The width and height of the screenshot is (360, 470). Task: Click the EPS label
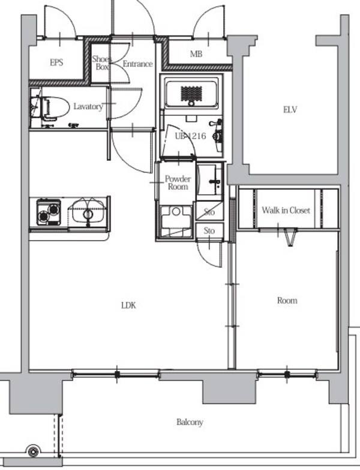tap(56, 62)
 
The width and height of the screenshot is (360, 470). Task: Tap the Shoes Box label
tap(101, 62)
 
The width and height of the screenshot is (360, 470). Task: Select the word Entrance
tap(137, 64)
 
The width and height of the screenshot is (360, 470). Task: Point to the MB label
tap(196, 54)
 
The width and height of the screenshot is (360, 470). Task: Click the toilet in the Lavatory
tap(52, 107)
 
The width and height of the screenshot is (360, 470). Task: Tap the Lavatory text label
tap(88, 106)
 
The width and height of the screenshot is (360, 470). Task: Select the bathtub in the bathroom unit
tap(191, 93)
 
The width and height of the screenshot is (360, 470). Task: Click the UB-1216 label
tap(190, 136)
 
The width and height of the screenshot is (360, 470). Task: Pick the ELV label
tap(290, 110)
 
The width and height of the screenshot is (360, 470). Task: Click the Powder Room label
tap(178, 182)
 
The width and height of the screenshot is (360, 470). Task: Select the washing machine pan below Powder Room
tap(176, 221)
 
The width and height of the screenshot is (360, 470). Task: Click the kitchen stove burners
tap(49, 212)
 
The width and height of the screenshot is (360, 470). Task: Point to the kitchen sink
tap(88, 212)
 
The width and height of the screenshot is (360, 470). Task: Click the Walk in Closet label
tap(286, 210)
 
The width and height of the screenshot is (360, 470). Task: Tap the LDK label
tap(129, 306)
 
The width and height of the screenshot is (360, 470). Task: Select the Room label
tap(287, 300)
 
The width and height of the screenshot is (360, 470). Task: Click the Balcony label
tap(190, 423)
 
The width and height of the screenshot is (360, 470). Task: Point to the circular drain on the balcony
tap(33, 451)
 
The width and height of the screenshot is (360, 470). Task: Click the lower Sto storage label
tap(209, 230)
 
